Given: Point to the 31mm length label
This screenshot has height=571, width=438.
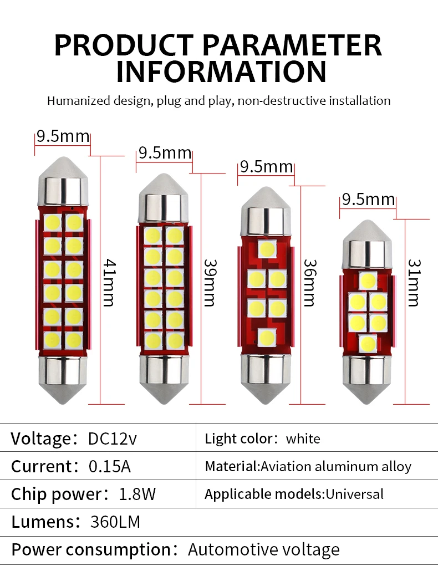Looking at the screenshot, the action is click(413, 282).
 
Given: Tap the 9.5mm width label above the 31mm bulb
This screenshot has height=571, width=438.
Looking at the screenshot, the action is click(368, 200).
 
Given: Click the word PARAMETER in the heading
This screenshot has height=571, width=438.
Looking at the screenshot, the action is click(284, 45).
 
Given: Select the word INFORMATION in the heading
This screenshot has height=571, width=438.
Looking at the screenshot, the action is click(221, 72).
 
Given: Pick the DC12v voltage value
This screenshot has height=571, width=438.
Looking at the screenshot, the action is click(112, 439).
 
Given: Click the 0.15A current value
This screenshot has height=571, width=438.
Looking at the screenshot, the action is click(109, 466).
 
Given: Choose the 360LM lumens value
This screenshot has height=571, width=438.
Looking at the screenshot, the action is click(115, 522).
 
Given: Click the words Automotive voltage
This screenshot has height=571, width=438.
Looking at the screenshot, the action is click(263, 550).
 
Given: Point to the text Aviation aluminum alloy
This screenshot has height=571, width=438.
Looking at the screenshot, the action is click(336, 467).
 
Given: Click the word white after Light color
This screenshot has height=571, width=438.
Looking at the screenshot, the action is click(303, 439).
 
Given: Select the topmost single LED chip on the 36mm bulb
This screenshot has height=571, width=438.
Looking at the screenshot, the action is click(268, 248).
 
